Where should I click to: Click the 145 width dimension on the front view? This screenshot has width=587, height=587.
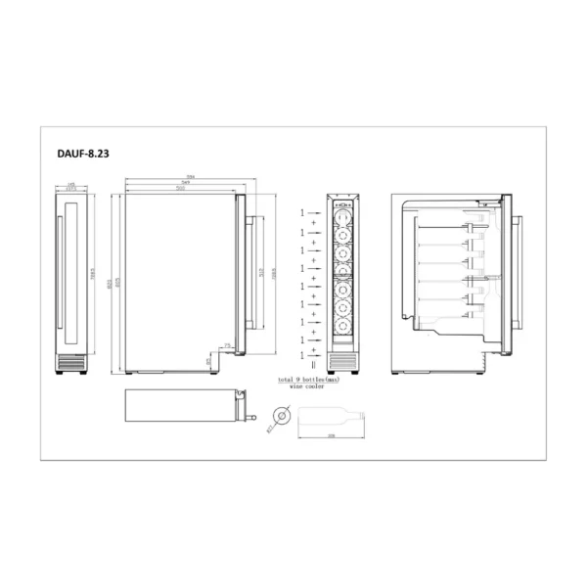(x=72, y=183)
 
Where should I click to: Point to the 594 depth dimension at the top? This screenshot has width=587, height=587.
(x=190, y=177)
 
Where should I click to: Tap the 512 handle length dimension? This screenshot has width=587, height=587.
(x=261, y=274)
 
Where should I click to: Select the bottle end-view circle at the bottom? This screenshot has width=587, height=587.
(x=282, y=416)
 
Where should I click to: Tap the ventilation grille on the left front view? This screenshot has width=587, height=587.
(x=72, y=364)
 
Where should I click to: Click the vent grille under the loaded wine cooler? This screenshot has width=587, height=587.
(x=345, y=363)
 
